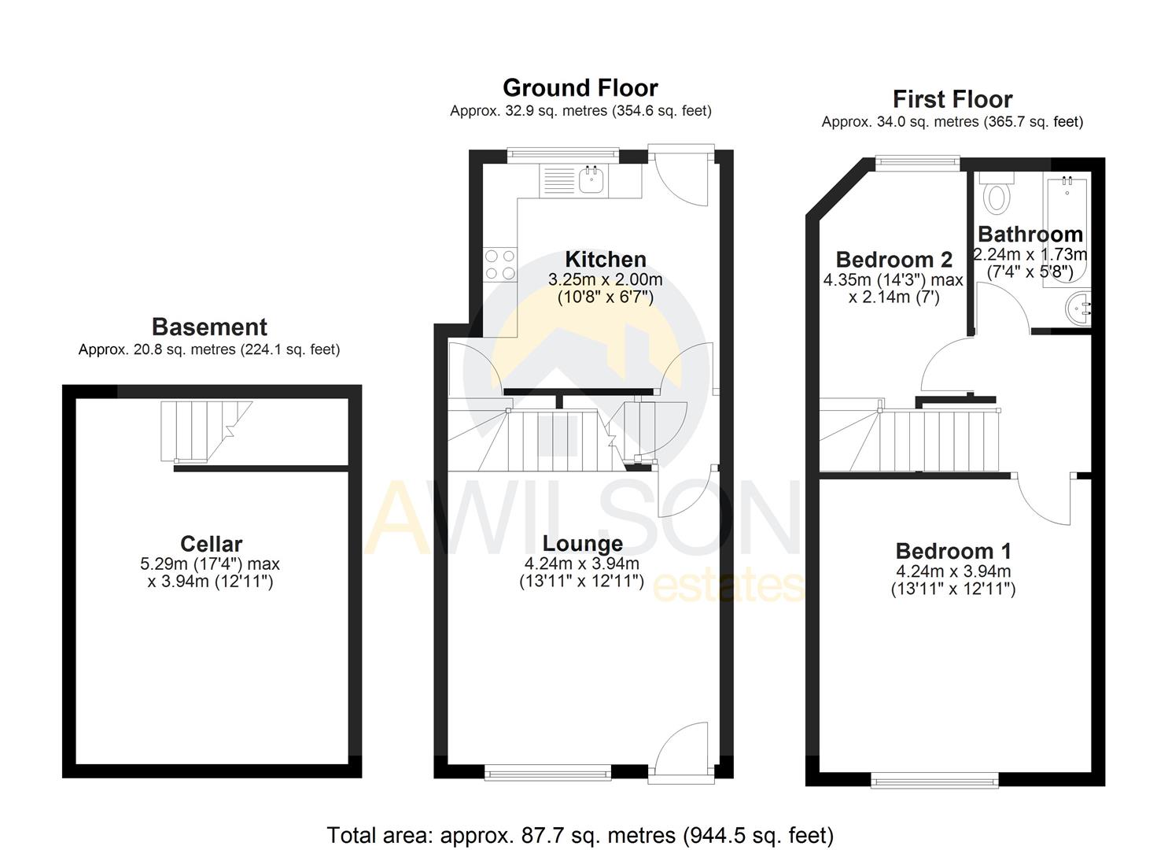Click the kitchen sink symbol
click(591, 180)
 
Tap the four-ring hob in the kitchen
click(500, 264)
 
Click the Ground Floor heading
click(580, 87)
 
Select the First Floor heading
click(952, 99)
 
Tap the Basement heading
click(209, 327)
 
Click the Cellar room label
click(211, 543)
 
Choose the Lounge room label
click(582, 543)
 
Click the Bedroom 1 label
click(953, 550)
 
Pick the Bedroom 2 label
click(894, 259)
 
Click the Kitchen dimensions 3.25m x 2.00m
click(605, 279)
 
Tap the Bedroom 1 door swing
click(1046, 500)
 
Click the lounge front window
click(547, 774)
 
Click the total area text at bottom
click(580, 834)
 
